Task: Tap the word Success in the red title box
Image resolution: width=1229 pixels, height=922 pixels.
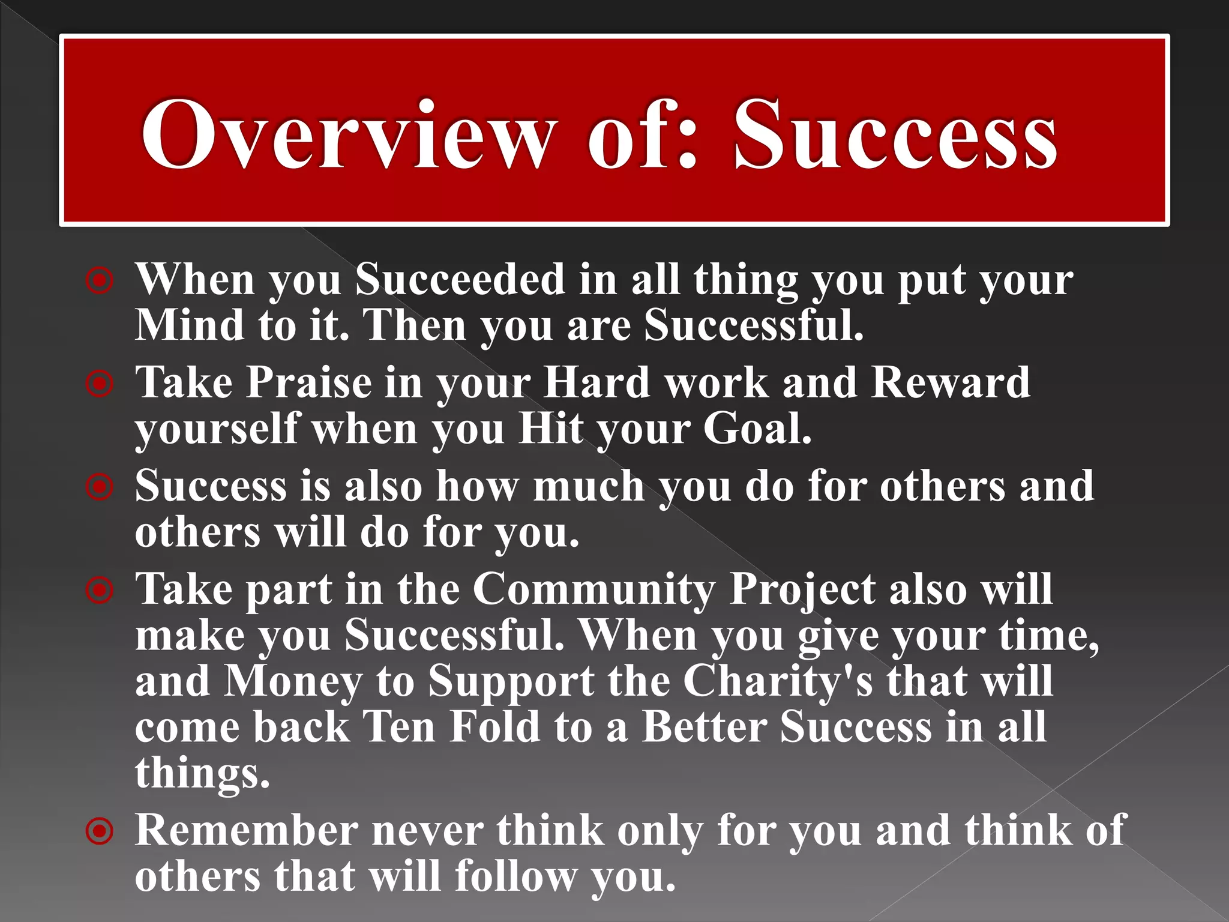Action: [x=895, y=134]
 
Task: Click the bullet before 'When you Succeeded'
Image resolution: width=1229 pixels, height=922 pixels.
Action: [x=100, y=280]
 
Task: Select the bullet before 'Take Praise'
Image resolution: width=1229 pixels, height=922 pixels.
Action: [x=100, y=384]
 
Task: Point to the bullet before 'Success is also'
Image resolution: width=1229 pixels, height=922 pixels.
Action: [x=100, y=487]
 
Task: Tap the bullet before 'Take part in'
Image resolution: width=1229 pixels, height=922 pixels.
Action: [x=100, y=591]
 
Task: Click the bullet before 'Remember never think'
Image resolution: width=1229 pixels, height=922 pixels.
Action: [x=100, y=831]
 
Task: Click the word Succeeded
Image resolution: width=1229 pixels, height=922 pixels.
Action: [x=460, y=279]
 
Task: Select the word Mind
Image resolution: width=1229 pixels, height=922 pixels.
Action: [x=189, y=325]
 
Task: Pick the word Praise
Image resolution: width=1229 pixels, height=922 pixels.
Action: [x=310, y=382]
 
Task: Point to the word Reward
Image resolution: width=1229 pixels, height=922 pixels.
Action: [x=951, y=382]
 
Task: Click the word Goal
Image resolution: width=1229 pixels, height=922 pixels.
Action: [x=757, y=429]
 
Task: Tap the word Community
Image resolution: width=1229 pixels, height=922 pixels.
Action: [x=594, y=589]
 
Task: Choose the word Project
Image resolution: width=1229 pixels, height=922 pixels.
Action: [x=802, y=589]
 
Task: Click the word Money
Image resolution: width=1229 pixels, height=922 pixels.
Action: [x=293, y=681]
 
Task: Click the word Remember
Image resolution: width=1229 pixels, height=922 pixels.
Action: [x=247, y=830]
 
